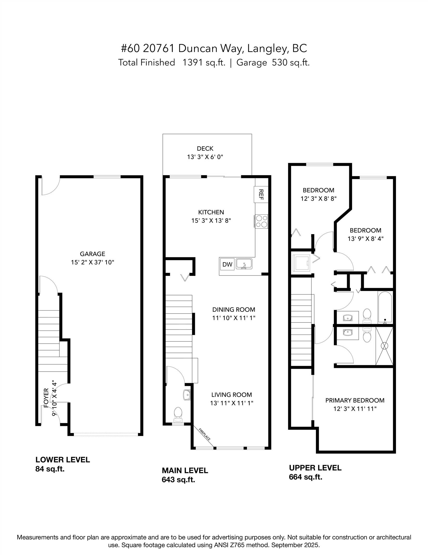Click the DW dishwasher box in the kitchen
pos(227,264)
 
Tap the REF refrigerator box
pos(261,194)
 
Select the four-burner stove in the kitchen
pos(262,221)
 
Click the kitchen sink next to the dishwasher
pos(244,264)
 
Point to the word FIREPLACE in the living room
pos(204,435)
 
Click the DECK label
pos(205,148)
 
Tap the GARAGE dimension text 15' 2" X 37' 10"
pos(92,262)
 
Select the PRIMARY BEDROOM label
pos(355,401)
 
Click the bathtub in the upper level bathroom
pos(385,307)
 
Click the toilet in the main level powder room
pos(178,413)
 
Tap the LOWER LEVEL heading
pos(63,459)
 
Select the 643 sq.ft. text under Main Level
pos(178,480)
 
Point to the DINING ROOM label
pos(233,310)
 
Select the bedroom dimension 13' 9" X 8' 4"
pos(365,239)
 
